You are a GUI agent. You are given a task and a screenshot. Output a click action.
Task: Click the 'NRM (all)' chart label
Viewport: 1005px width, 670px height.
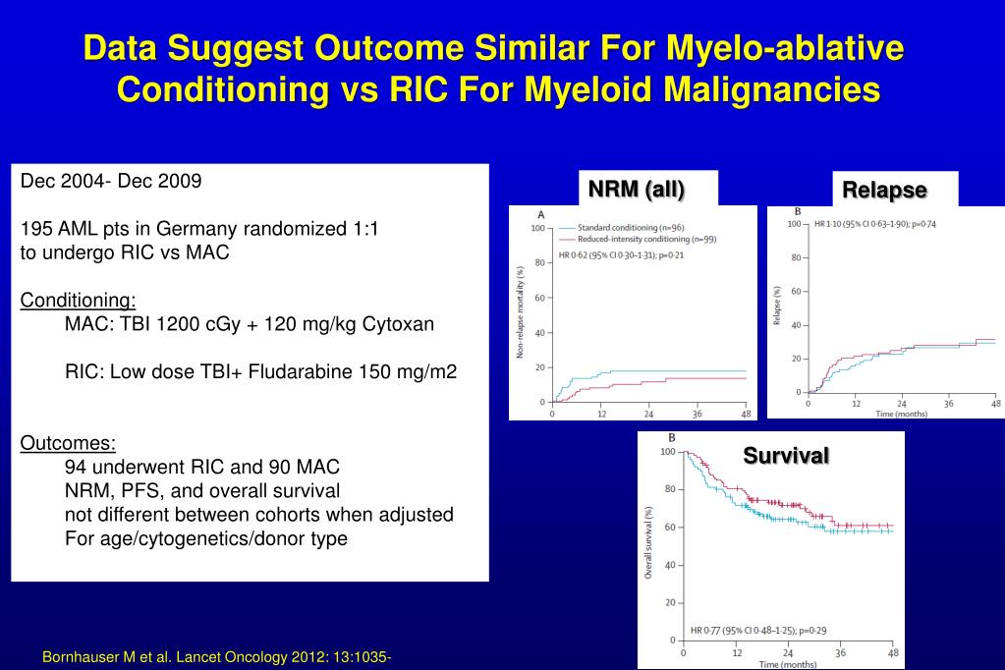click(x=637, y=189)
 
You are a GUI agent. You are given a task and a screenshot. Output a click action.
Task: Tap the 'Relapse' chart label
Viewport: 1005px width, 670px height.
click(x=883, y=190)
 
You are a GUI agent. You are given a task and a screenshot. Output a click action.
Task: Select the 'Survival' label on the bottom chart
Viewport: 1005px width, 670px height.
click(x=786, y=455)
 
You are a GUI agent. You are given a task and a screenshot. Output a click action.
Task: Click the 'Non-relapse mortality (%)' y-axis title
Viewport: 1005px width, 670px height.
click(x=520, y=310)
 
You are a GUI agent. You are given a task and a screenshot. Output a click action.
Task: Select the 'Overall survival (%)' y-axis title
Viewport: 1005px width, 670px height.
click(x=648, y=541)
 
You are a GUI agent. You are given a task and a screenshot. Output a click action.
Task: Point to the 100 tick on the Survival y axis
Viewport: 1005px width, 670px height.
click(x=668, y=452)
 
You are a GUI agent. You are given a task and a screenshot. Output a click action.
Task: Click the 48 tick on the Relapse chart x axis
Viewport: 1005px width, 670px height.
click(x=994, y=404)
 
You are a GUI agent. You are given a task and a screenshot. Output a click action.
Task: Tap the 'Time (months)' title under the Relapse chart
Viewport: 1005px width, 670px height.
click(x=901, y=414)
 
